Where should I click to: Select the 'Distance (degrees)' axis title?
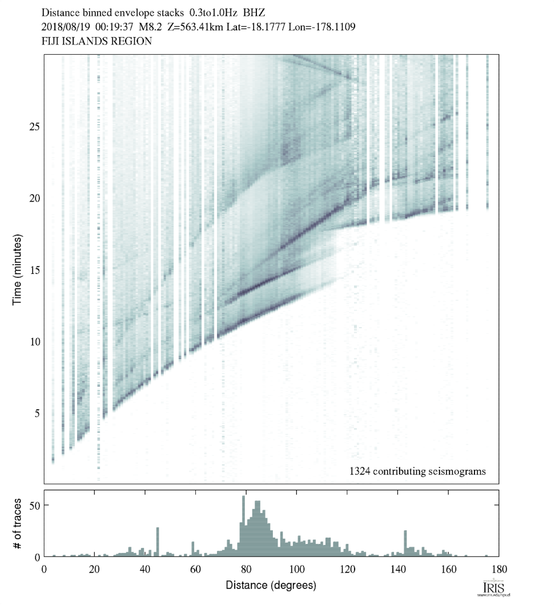point(271,585)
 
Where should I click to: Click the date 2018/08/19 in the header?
point(65,27)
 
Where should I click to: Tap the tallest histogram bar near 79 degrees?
point(244,526)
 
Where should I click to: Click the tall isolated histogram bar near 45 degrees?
point(158,542)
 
